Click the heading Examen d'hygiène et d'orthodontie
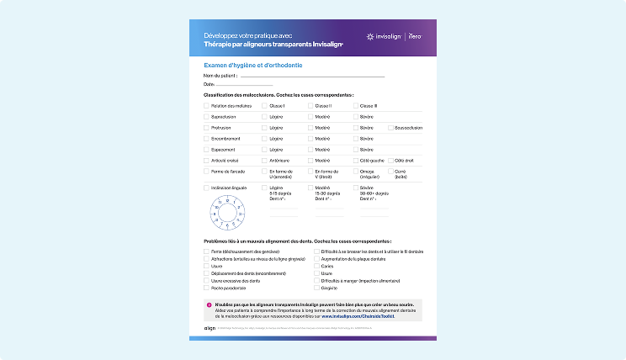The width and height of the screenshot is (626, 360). coord(253,65)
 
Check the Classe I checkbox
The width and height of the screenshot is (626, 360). coord(264,106)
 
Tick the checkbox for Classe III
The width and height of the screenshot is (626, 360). coord(355,106)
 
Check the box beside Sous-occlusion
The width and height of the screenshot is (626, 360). coord(390,128)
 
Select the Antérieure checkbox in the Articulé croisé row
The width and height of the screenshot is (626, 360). coord(264,160)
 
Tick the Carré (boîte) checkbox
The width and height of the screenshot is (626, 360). coord(390,171)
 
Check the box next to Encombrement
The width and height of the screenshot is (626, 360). coord(206,138)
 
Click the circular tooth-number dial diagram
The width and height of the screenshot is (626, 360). coord(227,212)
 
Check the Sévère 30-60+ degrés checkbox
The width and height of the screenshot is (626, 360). coord(355,188)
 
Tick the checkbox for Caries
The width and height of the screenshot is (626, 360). coord(316,266)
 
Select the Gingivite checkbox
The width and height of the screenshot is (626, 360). coord(316,288)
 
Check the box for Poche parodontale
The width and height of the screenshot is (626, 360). coord(206,288)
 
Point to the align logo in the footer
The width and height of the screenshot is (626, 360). coord(210,329)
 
